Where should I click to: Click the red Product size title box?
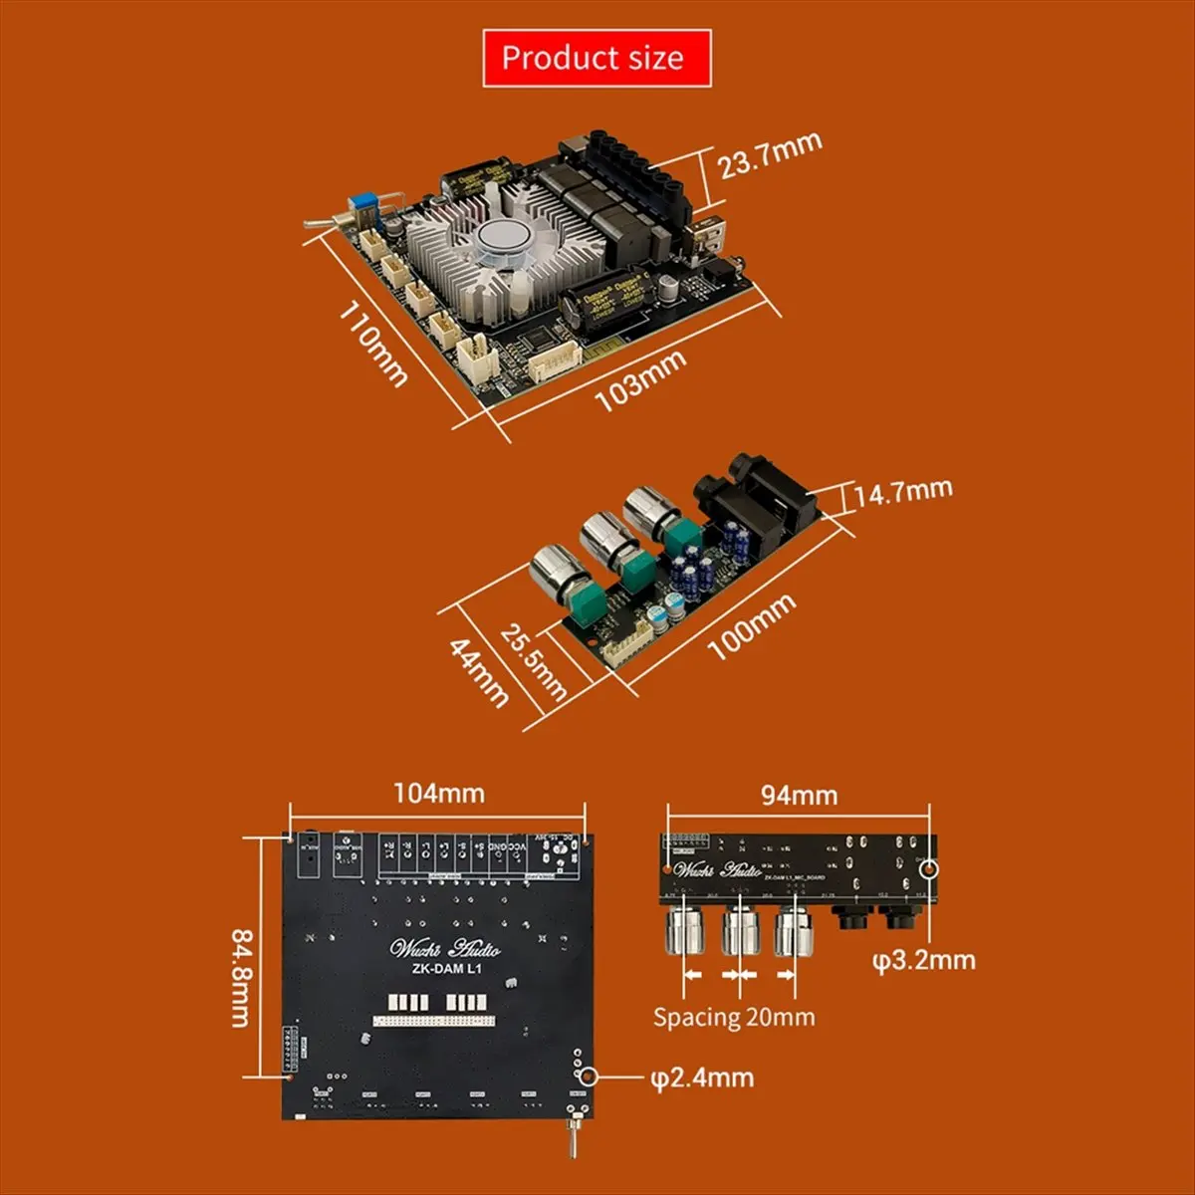597,58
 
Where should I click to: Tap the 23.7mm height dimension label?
770,155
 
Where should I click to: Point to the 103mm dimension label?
639,380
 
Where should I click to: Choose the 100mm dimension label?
752,626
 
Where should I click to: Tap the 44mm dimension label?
479,671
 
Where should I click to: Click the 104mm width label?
438,793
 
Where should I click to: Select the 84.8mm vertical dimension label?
242,977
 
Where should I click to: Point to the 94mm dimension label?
799,795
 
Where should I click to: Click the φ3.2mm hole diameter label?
923,960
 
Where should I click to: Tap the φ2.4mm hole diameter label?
701,1077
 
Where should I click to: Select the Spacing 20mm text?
734,1017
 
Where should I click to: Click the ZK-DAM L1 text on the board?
445,969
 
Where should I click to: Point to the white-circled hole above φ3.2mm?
930,868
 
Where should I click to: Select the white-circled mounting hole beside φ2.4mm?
588,1076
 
